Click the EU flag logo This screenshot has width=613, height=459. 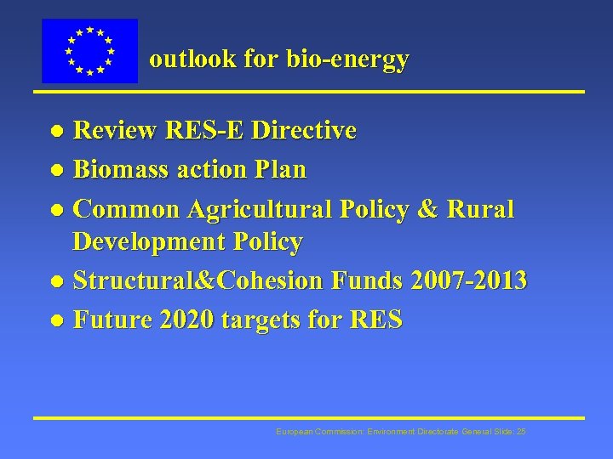tap(89, 51)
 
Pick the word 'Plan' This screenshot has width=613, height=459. tap(285, 170)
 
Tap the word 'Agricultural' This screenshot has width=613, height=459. tap(261, 209)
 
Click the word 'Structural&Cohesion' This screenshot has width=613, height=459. tap(198, 280)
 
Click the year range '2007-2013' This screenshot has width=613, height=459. tap(468, 280)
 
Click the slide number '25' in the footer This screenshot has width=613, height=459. tap(521, 433)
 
